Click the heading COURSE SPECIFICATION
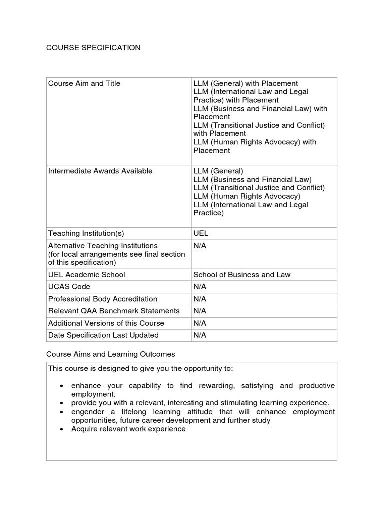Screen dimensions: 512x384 point(93,48)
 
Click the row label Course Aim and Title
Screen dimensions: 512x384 point(84,83)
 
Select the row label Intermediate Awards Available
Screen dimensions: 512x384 point(100,171)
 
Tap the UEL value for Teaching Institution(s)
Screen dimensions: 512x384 point(201,233)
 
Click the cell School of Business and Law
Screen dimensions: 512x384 point(242,274)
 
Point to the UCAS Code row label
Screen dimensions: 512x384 point(69,287)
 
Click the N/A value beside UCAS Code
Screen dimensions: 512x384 point(200,287)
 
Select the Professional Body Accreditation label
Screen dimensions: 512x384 point(103,299)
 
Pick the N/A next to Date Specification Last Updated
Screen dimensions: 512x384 point(200,335)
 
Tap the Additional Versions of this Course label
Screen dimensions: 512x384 point(106,323)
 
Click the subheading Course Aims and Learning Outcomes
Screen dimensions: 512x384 point(111,354)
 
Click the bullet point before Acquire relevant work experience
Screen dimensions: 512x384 point(60,429)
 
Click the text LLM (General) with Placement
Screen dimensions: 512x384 point(246,83)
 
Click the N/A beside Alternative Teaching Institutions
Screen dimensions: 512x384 point(200,246)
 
